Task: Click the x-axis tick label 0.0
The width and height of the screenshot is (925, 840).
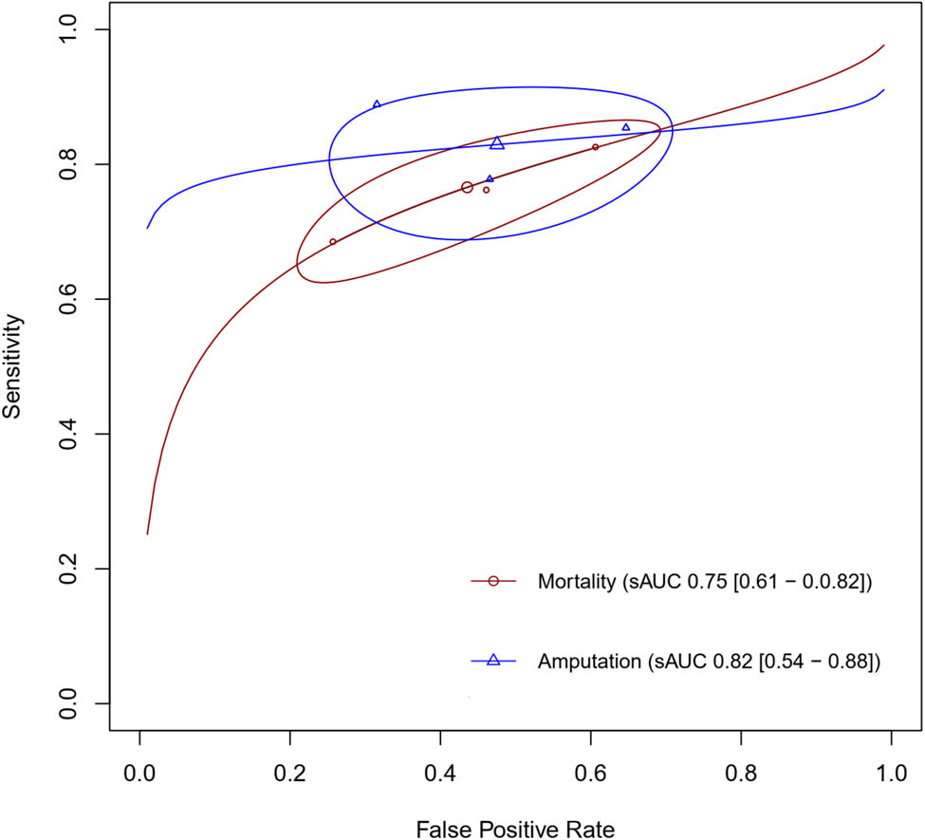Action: (139, 774)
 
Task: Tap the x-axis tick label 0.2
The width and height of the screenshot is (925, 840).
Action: (289, 774)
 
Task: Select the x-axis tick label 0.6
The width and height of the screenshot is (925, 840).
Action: (590, 774)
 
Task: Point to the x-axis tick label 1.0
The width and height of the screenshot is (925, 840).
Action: (891, 774)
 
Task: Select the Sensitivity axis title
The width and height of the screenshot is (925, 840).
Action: (13, 367)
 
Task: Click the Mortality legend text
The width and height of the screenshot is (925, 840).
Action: (704, 582)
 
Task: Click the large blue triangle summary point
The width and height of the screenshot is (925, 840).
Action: (497, 143)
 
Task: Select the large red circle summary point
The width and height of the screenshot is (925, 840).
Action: (467, 188)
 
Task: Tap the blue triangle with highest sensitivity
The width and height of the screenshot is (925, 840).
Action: (377, 104)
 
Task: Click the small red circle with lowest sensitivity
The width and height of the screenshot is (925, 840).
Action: (333, 242)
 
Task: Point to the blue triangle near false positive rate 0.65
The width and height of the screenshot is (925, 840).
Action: (625, 127)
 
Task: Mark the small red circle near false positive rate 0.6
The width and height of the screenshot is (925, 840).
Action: (596, 147)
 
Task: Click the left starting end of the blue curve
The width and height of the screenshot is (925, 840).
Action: (147, 228)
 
